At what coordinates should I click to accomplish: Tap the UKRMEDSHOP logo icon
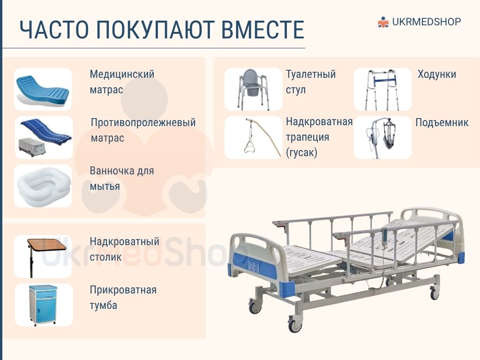click(382, 22)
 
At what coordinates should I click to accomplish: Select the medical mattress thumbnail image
click(43, 89)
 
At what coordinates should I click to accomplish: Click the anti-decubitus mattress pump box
click(32, 147)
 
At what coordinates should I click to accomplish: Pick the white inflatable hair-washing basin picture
click(43, 186)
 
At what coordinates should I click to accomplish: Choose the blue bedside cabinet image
click(43, 305)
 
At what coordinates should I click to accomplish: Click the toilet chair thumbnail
click(253, 89)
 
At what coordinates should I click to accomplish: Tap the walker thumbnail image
click(382, 89)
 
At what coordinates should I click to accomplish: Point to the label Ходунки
click(437, 75)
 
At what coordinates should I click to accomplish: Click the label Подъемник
click(442, 122)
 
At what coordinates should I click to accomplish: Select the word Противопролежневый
click(143, 122)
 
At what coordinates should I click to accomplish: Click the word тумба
click(104, 305)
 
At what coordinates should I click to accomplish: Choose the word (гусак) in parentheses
click(301, 152)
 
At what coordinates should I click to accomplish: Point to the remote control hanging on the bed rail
click(385, 235)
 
